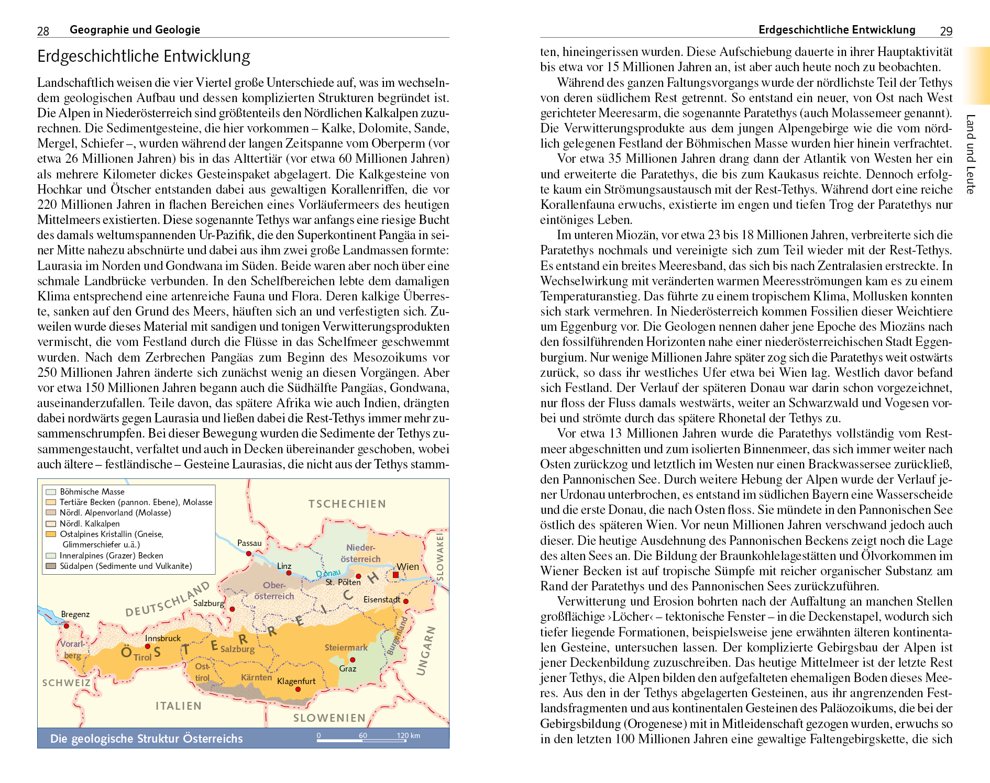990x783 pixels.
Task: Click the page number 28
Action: click(43, 31)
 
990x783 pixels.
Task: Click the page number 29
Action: click(946, 31)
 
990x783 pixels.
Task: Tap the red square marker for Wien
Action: click(395, 575)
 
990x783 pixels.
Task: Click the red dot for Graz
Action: click(353, 659)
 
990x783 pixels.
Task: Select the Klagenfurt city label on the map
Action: click(296, 681)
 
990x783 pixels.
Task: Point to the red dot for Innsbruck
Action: click(148, 646)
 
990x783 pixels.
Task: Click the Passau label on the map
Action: click(249, 543)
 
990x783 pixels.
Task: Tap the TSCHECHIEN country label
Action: click(347, 504)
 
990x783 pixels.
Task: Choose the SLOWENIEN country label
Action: click(329, 718)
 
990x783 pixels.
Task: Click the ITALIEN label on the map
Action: click(179, 706)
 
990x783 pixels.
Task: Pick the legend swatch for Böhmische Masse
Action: click(51, 491)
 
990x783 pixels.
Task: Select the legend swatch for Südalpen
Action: click(51, 566)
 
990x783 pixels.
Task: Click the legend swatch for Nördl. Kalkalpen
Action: click(51, 523)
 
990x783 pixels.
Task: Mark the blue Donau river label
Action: click(328, 574)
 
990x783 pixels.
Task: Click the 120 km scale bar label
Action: click(408, 735)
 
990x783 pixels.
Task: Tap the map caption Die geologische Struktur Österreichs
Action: click(146, 739)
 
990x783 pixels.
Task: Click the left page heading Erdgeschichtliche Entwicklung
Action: click(144, 56)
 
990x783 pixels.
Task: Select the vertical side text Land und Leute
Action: click(971, 154)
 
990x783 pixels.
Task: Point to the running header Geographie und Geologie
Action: click(135, 30)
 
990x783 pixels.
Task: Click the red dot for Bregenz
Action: click(67, 625)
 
